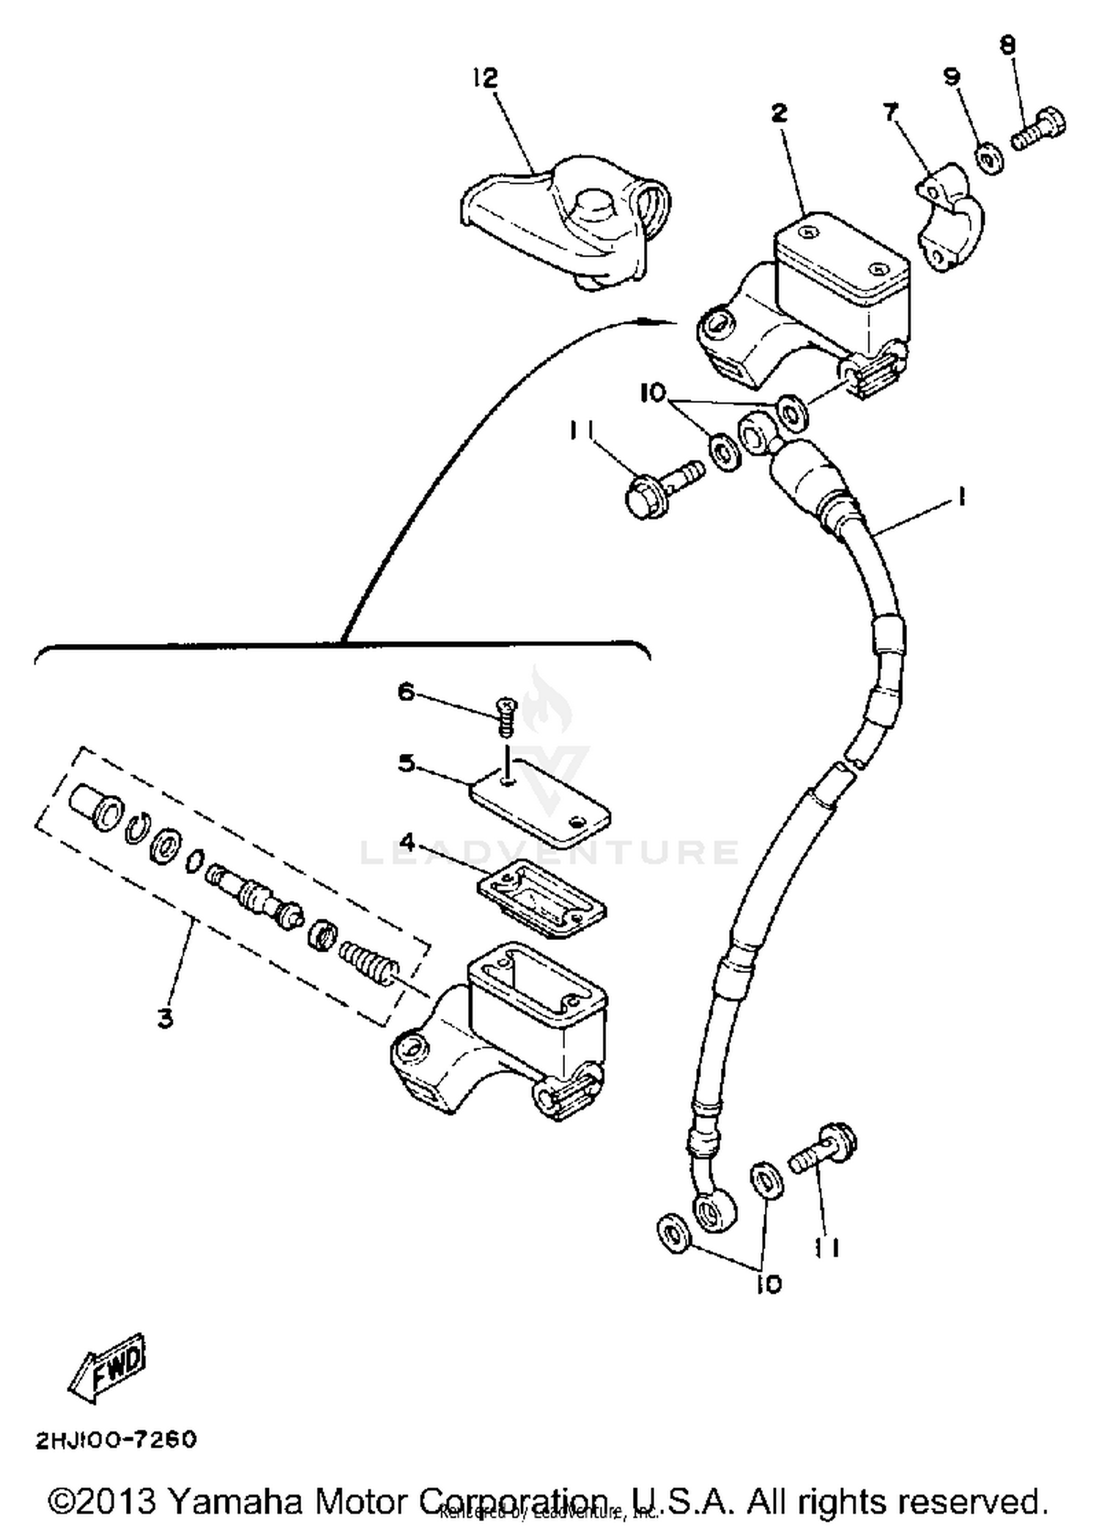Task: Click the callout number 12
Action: [485, 78]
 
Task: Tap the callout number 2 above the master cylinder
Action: [779, 113]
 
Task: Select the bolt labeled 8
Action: [1040, 130]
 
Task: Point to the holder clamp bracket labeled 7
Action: [950, 218]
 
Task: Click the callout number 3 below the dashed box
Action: [166, 1018]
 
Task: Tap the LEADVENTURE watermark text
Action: [549, 852]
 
